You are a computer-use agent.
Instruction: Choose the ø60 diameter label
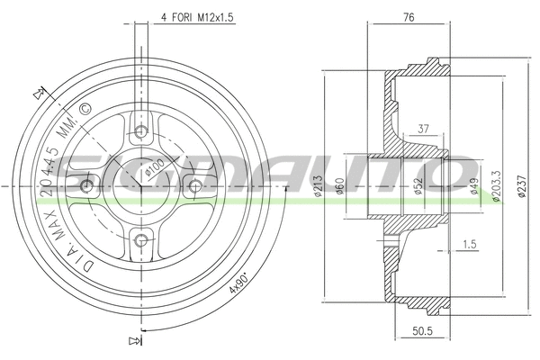(x=340, y=186)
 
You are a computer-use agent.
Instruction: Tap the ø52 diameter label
(x=418, y=186)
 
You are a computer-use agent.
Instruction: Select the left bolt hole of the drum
(x=87, y=186)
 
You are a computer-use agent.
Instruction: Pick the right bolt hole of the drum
(x=193, y=185)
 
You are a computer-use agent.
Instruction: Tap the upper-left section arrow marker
(x=38, y=92)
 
